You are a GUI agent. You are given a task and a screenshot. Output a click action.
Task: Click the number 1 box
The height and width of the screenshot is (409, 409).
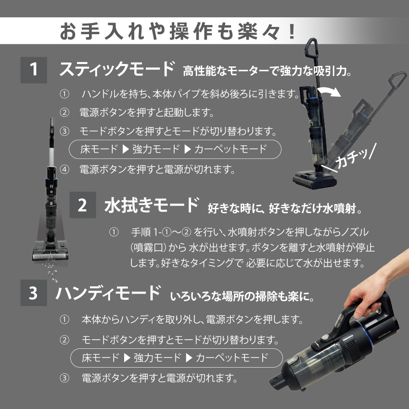coord(34,71)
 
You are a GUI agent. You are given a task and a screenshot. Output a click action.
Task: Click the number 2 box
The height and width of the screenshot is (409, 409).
coord(83,206)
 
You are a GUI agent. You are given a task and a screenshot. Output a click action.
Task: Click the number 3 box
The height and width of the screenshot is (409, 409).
coord(34,293)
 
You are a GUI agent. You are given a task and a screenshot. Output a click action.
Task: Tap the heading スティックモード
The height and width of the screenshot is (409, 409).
coord(116,69)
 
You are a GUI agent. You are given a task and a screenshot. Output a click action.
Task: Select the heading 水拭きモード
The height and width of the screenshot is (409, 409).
coord(151,205)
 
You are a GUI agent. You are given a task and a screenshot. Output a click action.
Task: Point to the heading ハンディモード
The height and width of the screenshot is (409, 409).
coord(108,293)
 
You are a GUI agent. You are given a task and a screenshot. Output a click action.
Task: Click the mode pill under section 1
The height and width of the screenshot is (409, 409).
coord(175,149)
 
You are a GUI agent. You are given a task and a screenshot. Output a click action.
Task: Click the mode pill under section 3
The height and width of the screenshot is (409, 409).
coord(176,358)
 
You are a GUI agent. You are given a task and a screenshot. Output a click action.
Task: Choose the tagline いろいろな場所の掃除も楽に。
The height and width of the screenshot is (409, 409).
coord(242,295)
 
